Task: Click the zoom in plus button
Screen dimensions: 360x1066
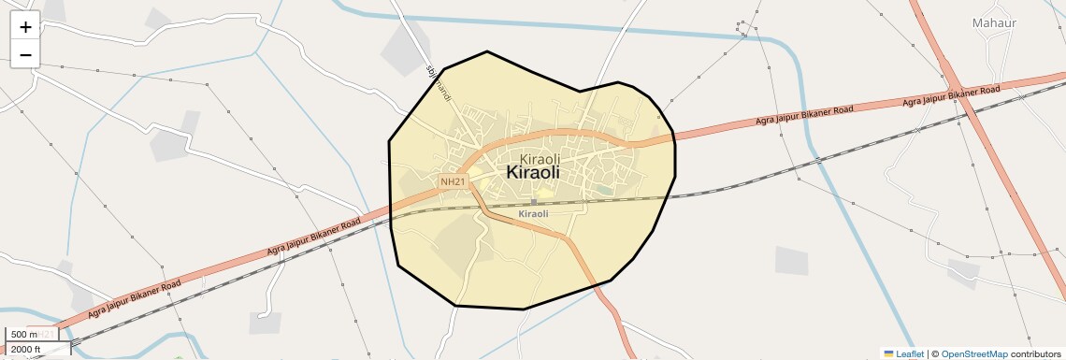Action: pos(25,27)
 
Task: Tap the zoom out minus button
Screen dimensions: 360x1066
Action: pos(25,54)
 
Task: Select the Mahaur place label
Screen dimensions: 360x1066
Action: pos(993,22)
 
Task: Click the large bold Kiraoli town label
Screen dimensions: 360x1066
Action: pos(532,173)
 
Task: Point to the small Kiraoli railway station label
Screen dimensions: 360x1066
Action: pos(533,214)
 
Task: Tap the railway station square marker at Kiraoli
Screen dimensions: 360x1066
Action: pos(534,201)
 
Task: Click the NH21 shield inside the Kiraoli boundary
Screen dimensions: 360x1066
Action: pos(453,180)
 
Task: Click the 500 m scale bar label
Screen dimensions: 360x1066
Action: pos(24,335)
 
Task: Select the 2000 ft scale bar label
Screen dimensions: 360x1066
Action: pos(26,349)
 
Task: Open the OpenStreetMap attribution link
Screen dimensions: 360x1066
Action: pos(973,353)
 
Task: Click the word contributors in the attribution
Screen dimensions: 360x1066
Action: pos(1035,353)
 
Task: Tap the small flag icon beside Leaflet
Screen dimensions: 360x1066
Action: pos(888,353)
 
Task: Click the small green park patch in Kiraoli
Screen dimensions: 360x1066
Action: pos(605,191)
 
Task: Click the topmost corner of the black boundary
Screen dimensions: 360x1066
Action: pos(487,51)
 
